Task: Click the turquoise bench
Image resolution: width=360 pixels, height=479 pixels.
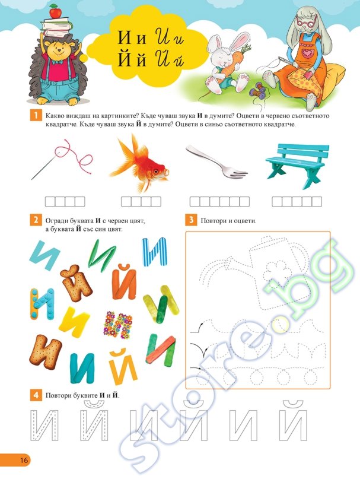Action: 297,165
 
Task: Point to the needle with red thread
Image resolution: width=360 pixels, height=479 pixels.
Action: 62,159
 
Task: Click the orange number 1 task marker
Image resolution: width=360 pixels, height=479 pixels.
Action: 36,116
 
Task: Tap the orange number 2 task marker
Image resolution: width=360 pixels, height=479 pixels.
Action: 36,220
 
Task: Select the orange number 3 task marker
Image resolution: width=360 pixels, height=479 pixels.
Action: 191,220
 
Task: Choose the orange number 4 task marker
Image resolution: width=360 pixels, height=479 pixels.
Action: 36,395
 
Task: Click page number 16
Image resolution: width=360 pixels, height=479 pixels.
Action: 24,460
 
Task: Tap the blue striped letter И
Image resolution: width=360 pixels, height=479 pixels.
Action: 155,252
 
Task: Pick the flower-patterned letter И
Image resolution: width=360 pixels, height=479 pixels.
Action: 118,325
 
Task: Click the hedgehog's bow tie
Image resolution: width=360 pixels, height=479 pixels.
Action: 57,62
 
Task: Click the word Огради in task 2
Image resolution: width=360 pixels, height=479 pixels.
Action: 56,221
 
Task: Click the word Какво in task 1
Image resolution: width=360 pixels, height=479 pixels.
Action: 55,116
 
